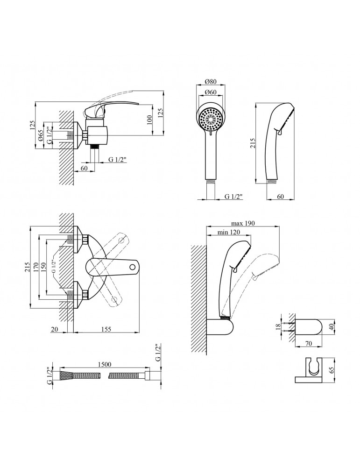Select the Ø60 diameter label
pos(211,92)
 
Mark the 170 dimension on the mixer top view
pos(35,266)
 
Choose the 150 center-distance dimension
pos(43,266)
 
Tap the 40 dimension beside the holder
pos(332,326)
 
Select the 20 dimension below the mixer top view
pos(55,329)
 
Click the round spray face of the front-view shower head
pos(211,120)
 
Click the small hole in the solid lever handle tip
pos(133,268)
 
